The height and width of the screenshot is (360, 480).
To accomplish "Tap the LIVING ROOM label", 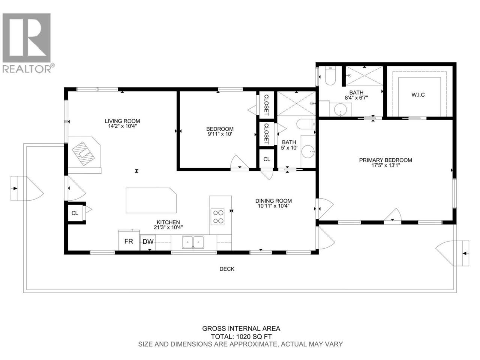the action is [122, 121].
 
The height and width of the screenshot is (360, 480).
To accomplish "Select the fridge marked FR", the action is [129, 240].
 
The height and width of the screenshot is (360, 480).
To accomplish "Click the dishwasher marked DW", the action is [148, 242].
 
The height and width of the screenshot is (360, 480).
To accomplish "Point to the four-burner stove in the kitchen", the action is [217, 216].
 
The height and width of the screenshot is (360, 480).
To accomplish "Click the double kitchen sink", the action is [193, 242].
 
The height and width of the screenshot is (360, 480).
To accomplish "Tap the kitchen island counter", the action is [151, 200].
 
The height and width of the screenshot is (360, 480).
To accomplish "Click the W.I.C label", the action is [418, 95].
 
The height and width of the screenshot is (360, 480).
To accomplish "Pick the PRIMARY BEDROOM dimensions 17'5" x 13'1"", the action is [385, 165].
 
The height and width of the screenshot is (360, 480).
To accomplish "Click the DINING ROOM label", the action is [274, 201].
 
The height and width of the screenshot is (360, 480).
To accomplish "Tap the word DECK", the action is [227, 269].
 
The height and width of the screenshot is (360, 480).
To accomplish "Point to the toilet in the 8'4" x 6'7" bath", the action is [330, 76].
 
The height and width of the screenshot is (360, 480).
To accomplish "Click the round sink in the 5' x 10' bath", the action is [308, 151].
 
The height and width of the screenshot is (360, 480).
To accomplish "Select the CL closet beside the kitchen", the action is [75, 213].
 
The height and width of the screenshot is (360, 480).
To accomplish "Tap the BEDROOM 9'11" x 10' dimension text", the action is [220, 134].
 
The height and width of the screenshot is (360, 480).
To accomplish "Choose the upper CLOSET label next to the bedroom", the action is [266, 105].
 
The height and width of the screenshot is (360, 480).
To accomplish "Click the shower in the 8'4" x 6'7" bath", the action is [364, 76].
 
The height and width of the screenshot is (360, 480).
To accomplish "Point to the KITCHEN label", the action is [168, 222].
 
